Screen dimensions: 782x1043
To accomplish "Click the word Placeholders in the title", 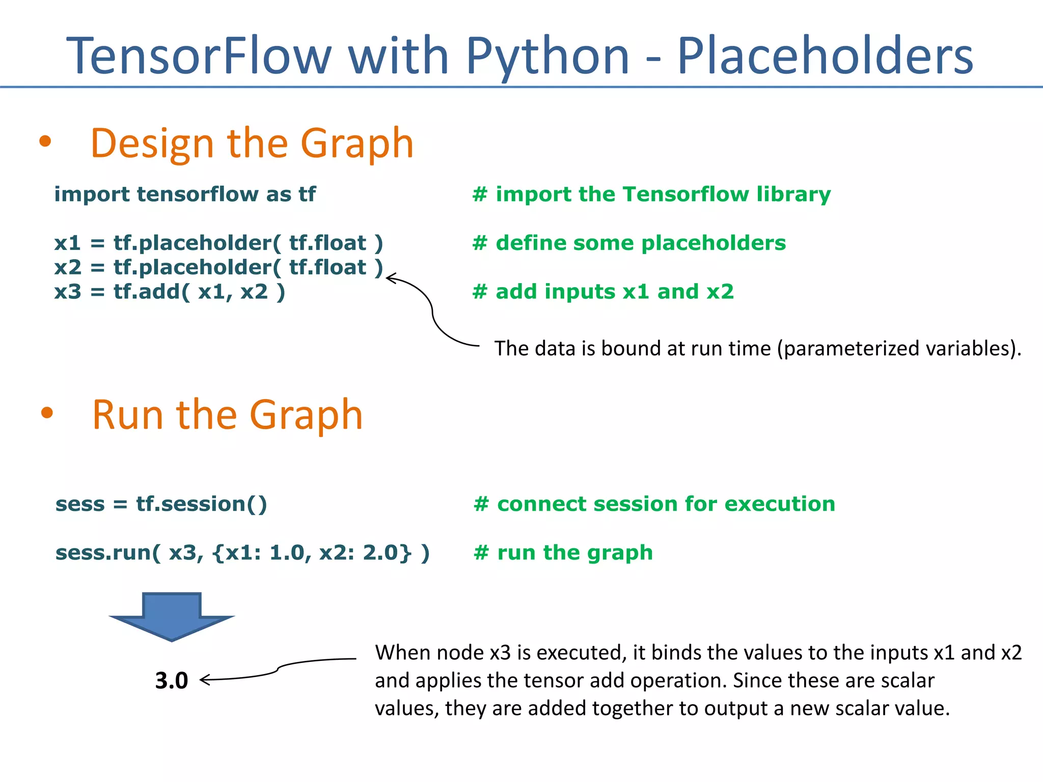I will [825, 56].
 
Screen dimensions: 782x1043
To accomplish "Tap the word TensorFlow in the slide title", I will [199, 56].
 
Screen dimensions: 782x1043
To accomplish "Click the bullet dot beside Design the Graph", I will [45, 142].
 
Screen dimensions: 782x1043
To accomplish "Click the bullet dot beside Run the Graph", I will [47, 412].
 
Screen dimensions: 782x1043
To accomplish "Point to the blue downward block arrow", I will [172, 616].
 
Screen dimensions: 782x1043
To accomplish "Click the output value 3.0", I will [172, 681].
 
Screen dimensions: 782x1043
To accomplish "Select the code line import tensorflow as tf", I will [185, 194].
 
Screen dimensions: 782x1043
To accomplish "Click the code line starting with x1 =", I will [218, 243].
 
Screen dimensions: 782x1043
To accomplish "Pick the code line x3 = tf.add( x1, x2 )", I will [170, 292].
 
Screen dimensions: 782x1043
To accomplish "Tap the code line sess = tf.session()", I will [161, 504].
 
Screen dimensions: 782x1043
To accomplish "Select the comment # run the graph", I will [563, 552].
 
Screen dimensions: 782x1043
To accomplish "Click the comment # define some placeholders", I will [629, 243].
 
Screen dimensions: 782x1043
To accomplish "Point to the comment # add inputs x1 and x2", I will [603, 292].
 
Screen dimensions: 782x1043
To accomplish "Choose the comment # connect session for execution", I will [654, 504].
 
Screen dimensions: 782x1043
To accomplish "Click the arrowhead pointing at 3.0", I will [204, 680].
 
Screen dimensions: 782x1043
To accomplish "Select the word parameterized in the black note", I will [850, 349].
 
